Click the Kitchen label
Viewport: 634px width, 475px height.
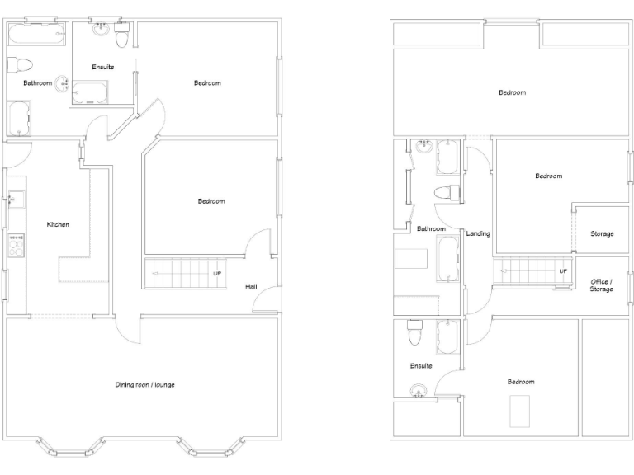57,224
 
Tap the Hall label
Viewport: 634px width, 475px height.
250,287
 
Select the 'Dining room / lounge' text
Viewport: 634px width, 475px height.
144,385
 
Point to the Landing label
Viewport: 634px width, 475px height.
478,233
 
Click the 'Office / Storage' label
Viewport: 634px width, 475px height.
601,285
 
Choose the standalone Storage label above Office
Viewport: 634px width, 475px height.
602,233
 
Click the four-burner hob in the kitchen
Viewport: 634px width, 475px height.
16,244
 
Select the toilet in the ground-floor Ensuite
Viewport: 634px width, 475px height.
122,38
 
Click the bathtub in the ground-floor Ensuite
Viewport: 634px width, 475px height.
89,92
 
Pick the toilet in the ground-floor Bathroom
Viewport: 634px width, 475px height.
20,63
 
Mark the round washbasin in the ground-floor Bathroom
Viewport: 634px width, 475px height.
63,82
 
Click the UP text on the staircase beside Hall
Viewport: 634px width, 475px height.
217,273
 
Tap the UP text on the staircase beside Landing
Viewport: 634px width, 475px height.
563,270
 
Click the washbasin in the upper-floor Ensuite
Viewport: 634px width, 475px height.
419,389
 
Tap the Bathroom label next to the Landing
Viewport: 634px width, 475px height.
431,228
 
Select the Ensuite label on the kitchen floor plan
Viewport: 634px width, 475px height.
103,67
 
